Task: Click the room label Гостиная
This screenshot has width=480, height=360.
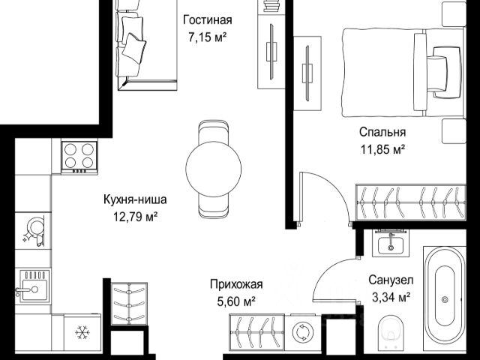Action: (x=207, y=20)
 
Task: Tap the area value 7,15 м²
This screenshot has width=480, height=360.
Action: (x=207, y=37)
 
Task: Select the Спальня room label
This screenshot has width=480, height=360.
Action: (x=382, y=132)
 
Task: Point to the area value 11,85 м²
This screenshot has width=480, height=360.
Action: (x=382, y=150)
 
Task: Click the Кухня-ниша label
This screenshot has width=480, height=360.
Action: (x=135, y=199)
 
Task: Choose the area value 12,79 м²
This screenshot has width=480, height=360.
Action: (x=135, y=217)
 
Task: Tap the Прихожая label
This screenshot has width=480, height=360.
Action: (x=236, y=284)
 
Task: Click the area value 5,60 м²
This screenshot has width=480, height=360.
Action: (x=236, y=302)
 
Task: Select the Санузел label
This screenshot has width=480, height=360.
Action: (x=391, y=280)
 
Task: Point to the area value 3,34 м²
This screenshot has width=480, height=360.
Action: (x=391, y=297)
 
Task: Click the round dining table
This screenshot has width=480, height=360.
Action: (x=213, y=169)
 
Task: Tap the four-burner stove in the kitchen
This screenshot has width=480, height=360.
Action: (x=79, y=157)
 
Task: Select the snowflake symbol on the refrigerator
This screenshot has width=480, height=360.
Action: (x=82, y=332)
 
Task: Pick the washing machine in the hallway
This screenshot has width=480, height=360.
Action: (x=301, y=332)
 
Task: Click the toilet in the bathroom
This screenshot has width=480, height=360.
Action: (x=391, y=333)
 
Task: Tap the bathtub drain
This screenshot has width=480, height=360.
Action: (x=445, y=299)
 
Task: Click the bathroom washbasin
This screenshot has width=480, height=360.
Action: (x=391, y=243)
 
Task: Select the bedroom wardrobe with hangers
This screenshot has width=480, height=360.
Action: (x=411, y=202)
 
